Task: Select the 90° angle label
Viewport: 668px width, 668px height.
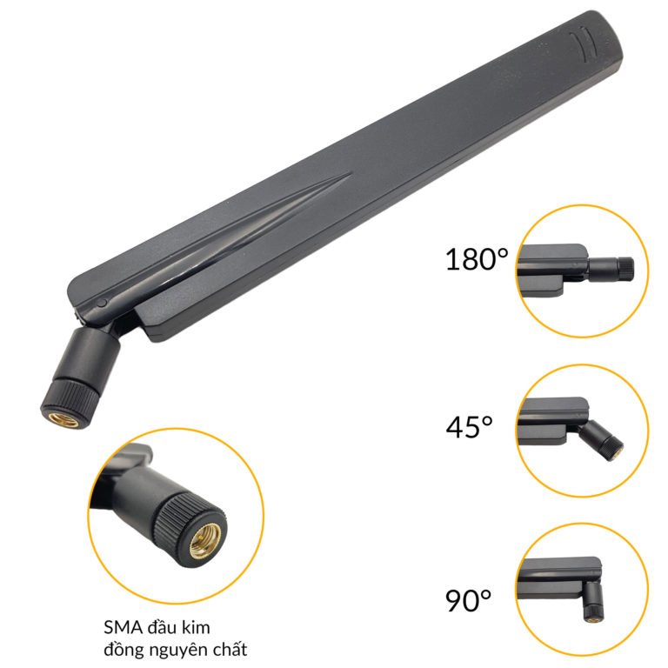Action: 469,599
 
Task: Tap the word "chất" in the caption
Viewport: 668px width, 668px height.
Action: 227,649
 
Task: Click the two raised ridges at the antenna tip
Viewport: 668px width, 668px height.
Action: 584,40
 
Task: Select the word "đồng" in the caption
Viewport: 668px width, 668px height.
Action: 118,649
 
